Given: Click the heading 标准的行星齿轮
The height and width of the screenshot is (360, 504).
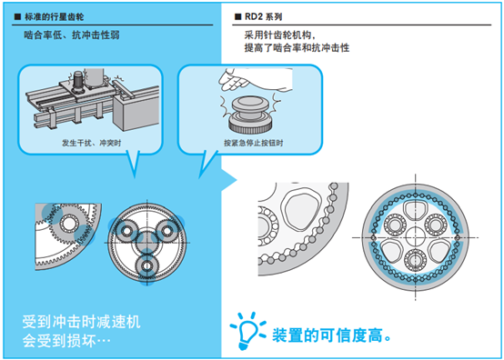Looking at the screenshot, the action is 54,16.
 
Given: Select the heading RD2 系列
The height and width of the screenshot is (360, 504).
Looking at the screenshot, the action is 263,16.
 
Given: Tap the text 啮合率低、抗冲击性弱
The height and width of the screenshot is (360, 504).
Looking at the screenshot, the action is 72,35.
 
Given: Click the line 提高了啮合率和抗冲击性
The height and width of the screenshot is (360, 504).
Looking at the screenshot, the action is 297,48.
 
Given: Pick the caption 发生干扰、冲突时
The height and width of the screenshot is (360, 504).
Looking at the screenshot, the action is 92,143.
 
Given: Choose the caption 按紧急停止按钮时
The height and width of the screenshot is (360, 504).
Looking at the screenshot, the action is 253,143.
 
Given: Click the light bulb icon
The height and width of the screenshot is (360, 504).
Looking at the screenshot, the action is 247,331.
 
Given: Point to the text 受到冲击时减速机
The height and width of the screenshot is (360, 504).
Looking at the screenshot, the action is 81,322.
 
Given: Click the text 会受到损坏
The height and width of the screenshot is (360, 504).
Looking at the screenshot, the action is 66,341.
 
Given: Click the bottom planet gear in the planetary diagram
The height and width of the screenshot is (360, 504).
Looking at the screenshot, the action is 147,265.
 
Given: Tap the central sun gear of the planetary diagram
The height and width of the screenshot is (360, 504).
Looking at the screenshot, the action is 147,242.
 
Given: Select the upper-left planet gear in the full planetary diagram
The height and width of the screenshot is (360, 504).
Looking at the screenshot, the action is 126,231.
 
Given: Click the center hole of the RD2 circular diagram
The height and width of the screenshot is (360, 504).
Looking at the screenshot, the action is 415,237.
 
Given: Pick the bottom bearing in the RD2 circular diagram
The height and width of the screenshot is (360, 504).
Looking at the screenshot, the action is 415,260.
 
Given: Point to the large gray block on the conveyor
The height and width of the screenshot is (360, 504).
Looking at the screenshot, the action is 136,111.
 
